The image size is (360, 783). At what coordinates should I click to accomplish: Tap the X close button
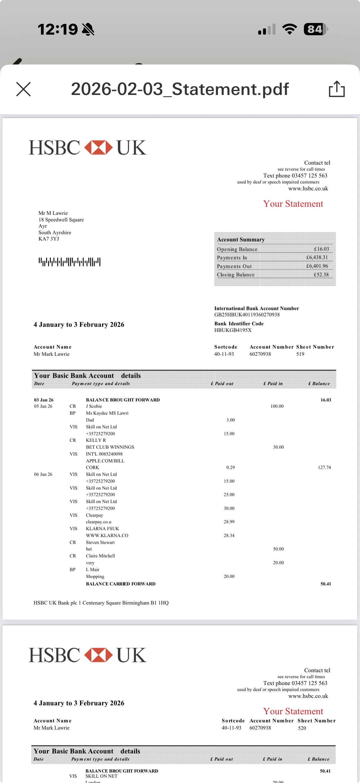23,89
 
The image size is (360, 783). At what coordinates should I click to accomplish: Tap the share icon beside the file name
337,89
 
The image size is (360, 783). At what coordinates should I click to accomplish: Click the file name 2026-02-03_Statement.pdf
180,89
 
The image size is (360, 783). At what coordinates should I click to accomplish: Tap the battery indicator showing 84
315,29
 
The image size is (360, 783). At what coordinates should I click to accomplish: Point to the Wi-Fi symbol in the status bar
290,29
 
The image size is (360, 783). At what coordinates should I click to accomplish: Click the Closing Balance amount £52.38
321,274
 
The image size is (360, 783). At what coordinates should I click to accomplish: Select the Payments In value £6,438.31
317,257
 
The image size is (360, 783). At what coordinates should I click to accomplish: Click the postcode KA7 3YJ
49,239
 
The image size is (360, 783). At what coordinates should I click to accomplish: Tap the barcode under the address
69,262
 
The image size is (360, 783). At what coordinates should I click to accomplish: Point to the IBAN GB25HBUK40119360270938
247,314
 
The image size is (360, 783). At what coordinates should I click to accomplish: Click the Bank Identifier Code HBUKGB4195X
233,330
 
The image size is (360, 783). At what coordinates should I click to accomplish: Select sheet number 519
300,354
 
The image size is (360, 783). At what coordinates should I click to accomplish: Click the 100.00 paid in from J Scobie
277,406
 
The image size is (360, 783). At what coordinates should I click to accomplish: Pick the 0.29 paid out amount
230,467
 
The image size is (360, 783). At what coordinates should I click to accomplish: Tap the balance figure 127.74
324,467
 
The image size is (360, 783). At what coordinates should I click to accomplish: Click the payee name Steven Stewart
100,542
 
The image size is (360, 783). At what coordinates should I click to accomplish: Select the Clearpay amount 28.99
229,522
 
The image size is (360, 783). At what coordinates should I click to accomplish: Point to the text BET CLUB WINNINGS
110,447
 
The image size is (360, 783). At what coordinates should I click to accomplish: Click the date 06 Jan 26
43,475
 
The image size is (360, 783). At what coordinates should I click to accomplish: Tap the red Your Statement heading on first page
293,204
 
